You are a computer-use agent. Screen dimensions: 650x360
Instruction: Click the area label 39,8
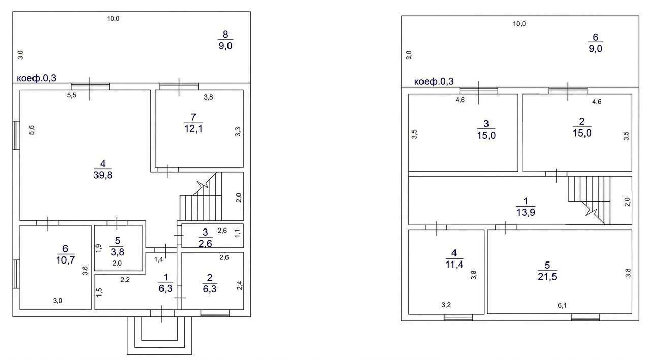pyautogui.click(x=103, y=175)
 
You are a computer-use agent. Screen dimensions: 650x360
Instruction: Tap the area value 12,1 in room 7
pyautogui.click(x=193, y=128)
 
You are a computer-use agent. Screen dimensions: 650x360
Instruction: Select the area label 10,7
pyautogui.click(x=66, y=260)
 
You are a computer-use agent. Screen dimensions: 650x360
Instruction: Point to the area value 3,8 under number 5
pyautogui.click(x=117, y=252)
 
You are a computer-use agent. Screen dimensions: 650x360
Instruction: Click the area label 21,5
pyautogui.click(x=547, y=276)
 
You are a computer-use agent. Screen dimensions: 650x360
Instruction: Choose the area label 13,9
pyautogui.click(x=526, y=212)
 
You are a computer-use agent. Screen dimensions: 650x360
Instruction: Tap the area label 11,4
pyautogui.click(x=454, y=264)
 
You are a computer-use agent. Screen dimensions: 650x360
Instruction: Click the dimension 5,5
pyautogui.click(x=72, y=95)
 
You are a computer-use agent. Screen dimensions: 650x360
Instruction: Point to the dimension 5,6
pyautogui.click(x=31, y=129)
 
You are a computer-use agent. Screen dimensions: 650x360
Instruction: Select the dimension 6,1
pyautogui.click(x=562, y=305)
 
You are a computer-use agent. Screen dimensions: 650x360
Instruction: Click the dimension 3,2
pyautogui.click(x=446, y=305)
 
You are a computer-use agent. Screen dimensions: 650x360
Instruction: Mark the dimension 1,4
pyautogui.click(x=159, y=259)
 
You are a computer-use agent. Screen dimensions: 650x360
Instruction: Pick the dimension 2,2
pyautogui.click(x=125, y=280)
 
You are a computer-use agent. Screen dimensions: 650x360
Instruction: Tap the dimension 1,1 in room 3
pyautogui.click(x=237, y=233)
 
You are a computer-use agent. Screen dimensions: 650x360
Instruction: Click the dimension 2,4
pyautogui.click(x=239, y=286)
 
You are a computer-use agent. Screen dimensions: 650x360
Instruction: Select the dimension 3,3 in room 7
pyautogui.click(x=238, y=132)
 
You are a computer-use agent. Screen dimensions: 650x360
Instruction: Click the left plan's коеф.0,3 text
pyautogui.click(x=37, y=78)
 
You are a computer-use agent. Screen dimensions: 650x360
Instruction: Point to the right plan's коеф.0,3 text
pyautogui.click(x=434, y=82)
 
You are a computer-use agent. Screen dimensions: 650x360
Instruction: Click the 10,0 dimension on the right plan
pyautogui.click(x=519, y=24)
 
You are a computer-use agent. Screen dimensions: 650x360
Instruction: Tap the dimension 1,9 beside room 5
pyautogui.click(x=99, y=248)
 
